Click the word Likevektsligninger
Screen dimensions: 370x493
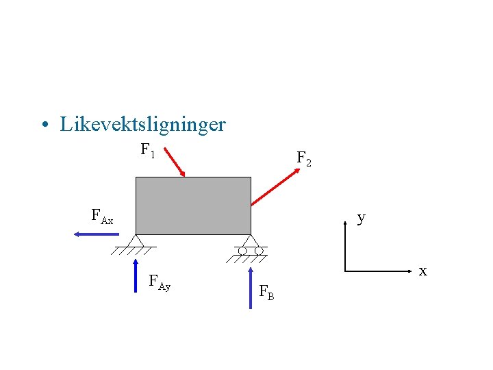click(142, 125)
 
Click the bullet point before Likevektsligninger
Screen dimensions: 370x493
click(44, 125)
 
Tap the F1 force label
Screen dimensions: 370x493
click(148, 149)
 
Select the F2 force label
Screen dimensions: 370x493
click(303, 159)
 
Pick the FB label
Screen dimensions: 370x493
click(266, 293)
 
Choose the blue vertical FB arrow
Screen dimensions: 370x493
click(251, 283)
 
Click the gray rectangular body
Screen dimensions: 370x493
click(193, 206)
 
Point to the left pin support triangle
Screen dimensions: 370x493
click(136, 241)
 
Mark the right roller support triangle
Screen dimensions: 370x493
click(251, 241)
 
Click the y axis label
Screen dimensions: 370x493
click(361, 218)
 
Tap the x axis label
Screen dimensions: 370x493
click(422, 271)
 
